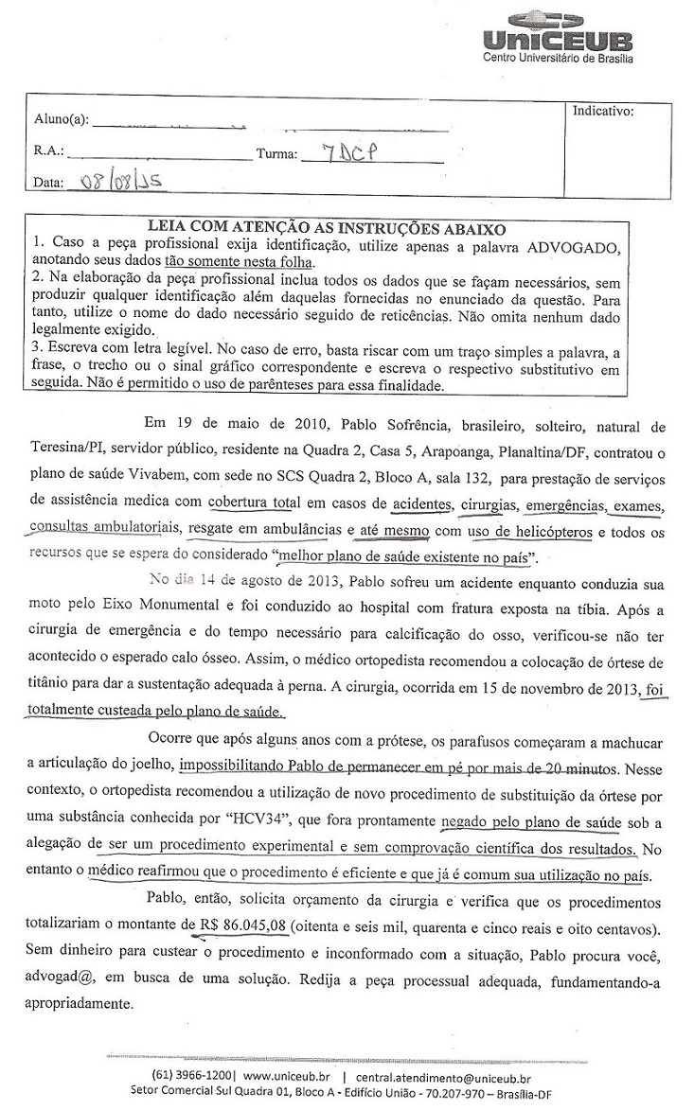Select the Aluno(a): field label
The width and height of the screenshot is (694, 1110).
[61, 120]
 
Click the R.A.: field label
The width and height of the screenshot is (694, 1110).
[48, 150]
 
